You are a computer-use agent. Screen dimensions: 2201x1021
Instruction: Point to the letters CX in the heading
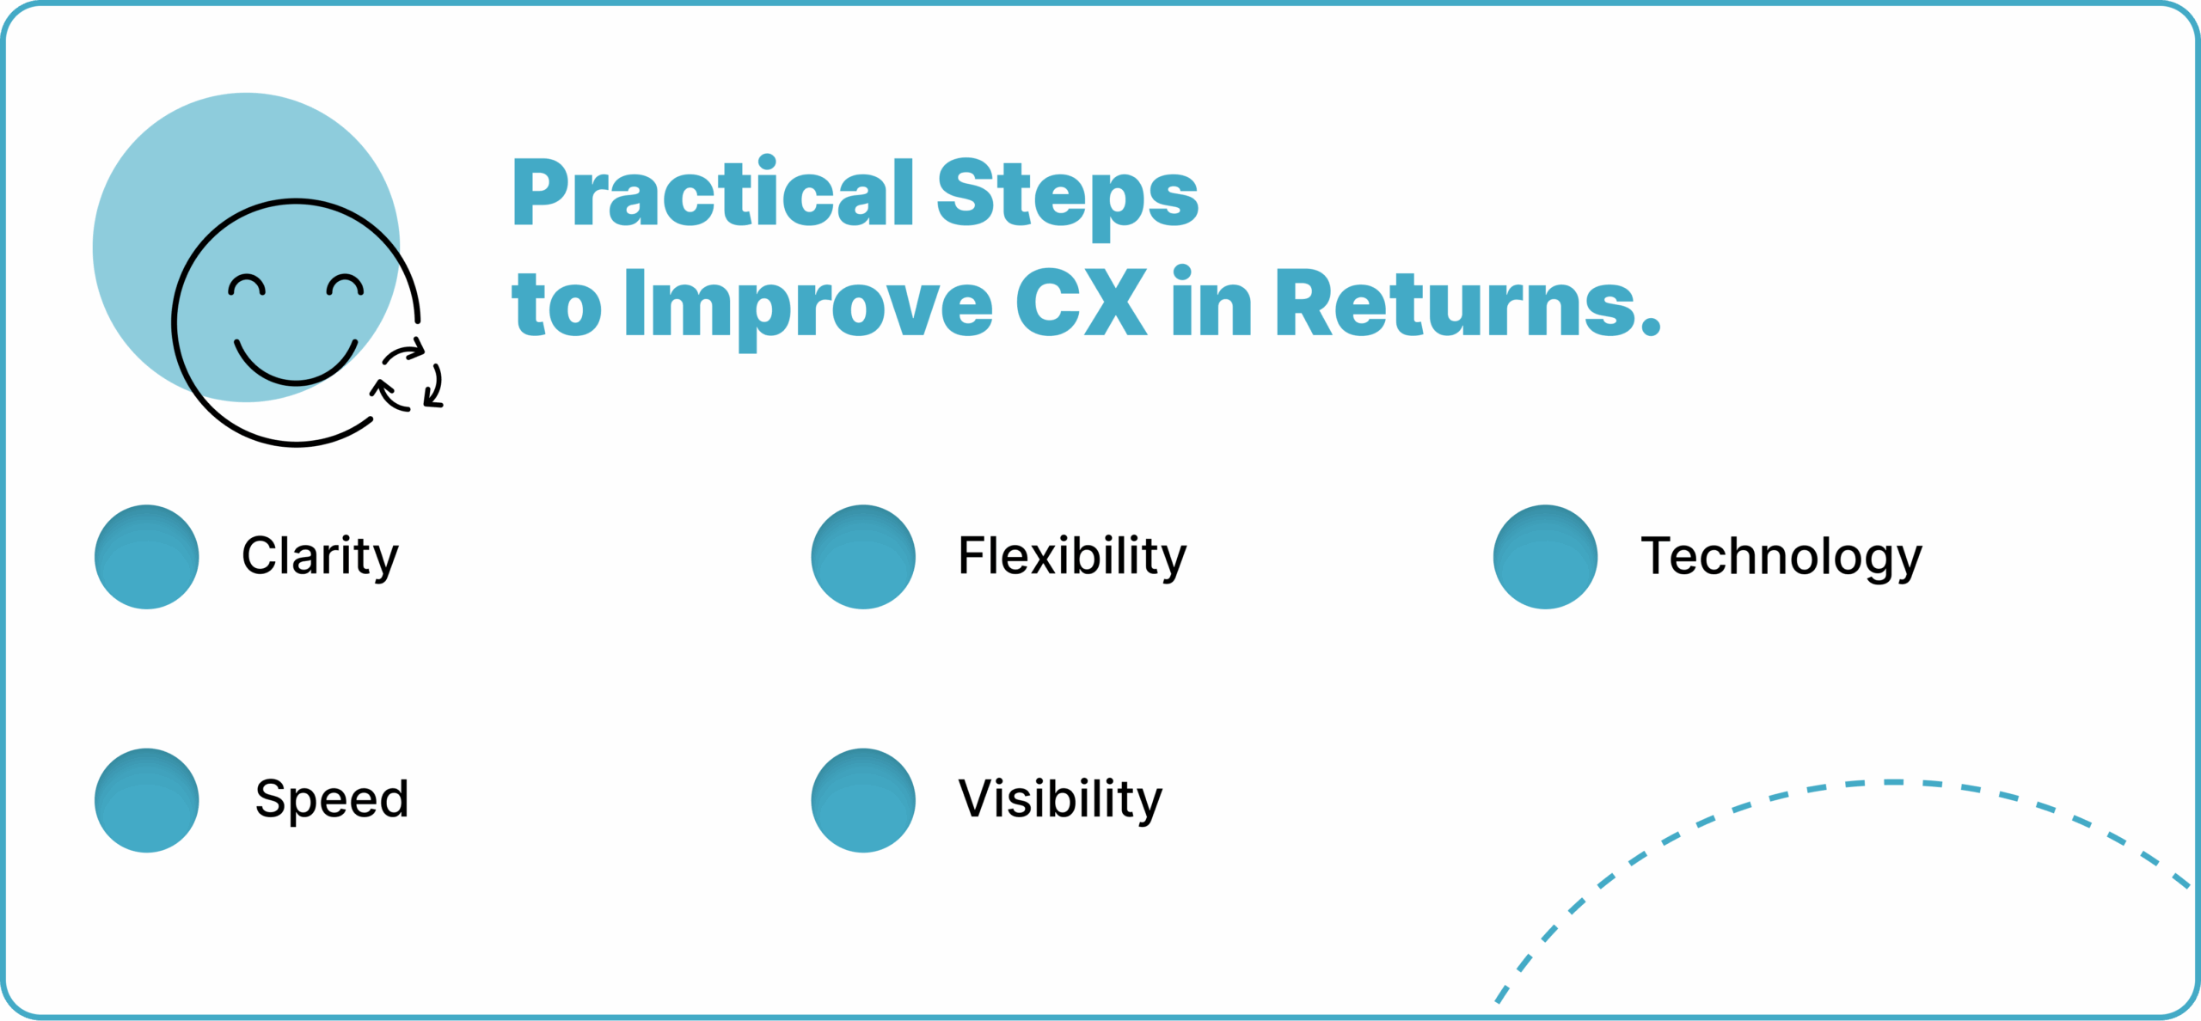tap(1081, 302)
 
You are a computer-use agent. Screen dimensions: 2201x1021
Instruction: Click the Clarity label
tap(320, 558)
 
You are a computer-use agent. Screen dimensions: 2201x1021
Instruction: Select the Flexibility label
tap(1072, 558)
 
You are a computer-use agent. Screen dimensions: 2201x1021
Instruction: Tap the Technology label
tap(1781, 558)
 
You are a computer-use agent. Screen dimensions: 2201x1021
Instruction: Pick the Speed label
tap(332, 800)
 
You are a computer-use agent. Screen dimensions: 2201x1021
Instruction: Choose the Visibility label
tap(1060, 800)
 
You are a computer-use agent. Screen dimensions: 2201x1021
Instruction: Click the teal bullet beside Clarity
tap(147, 557)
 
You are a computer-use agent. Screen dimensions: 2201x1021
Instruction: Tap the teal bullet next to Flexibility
tap(863, 557)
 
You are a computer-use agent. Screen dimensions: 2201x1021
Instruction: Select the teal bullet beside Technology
tap(1546, 557)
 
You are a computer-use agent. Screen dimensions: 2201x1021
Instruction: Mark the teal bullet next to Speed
tap(147, 800)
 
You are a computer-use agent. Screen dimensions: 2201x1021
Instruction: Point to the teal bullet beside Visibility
tap(863, 800)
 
